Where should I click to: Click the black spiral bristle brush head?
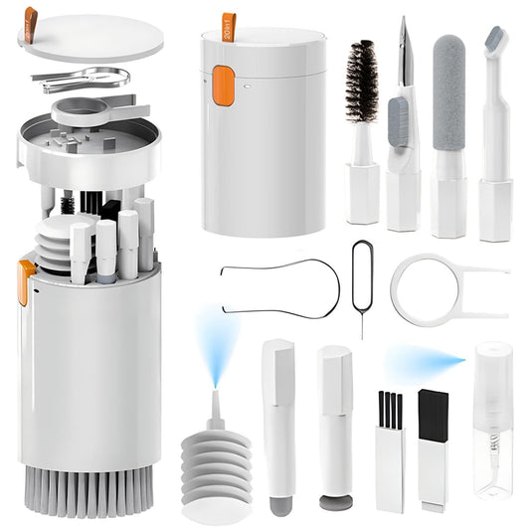[x=361, y=82]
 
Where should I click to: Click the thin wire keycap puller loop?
[x=278, y=287]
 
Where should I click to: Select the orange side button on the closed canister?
[x=223, y=87]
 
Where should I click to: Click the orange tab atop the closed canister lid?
[x=229, y=25]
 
